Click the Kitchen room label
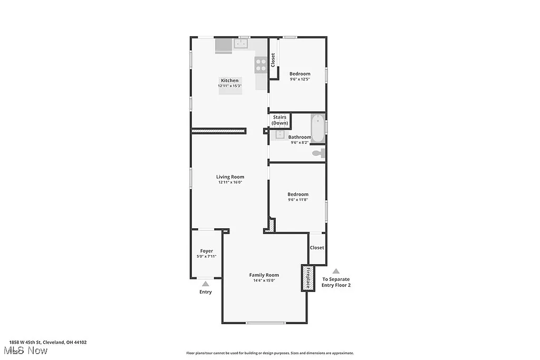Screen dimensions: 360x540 tap(229, 81)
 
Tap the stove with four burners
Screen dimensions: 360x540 tap(261, 65)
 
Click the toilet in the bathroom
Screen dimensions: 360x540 tap(319, 153)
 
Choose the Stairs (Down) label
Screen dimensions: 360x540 tap(279, 120)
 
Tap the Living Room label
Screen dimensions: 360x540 tap(230, 177)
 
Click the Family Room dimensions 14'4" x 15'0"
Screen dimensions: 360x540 tap(264, 280)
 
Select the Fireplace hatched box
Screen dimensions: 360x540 tap(307, 278)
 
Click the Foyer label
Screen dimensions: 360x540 tap(206, 251)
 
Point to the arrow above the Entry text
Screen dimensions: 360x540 tap(206, 284)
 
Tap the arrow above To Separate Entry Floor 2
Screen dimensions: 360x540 tap(336, 271)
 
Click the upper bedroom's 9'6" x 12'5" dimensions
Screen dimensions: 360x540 tap(300, 79)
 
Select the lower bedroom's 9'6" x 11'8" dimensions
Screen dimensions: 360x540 tap(298, 200)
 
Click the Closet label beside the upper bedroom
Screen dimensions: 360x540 tap(273, 60)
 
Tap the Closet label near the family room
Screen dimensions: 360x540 tap(317, 248)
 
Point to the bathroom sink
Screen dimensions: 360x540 tap(279, 134)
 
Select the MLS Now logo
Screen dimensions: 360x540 tap(25, 351)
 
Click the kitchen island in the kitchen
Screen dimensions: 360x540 tap(231, 90)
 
